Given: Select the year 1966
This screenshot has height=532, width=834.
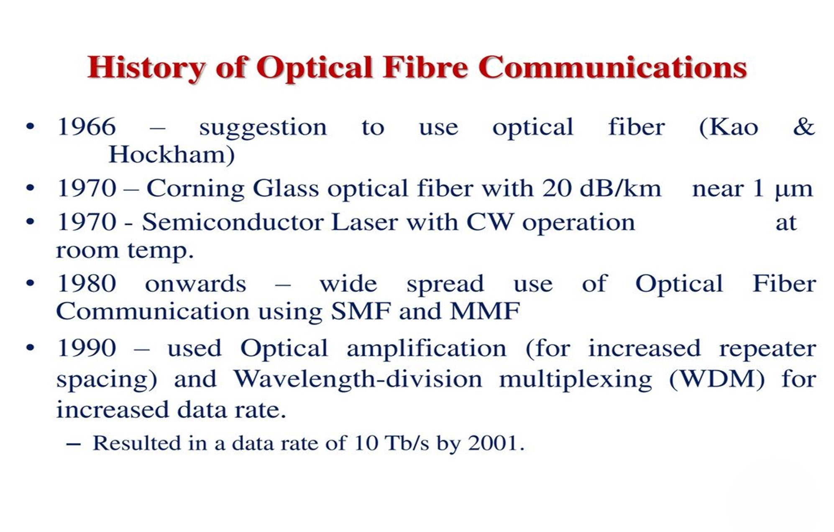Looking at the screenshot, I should (x=87, y=127).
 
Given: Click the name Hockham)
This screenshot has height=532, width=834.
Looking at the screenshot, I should (x=171, y=155).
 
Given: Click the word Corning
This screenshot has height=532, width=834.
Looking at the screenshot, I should (x=195, y=189).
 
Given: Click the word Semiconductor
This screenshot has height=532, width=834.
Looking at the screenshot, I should (x=233, y=222).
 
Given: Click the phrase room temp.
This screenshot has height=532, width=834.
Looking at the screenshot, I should (x=125, y=251).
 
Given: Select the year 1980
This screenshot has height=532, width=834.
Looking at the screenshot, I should (x=87, y=284).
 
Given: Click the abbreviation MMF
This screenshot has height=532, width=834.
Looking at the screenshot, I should (x=485, y=311).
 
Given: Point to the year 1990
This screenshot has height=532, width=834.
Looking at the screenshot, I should (x=87, y=348).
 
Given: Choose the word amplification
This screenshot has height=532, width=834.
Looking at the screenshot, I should (x=426, y=348).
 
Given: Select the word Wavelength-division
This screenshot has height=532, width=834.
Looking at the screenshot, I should (x=358, y=379).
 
